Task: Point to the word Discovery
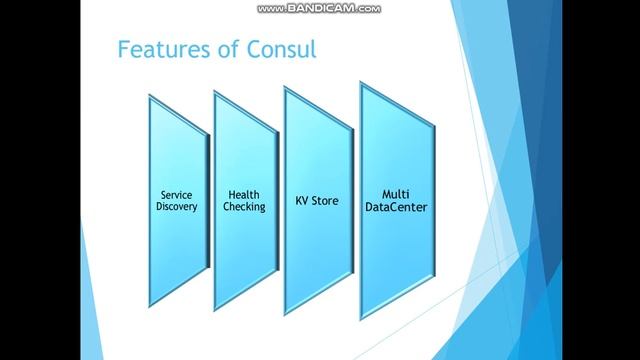177,206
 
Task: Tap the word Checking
245,206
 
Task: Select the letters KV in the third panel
303,200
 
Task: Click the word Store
326,200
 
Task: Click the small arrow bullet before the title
104,49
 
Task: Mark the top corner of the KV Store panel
287,88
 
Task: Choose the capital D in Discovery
159,206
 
